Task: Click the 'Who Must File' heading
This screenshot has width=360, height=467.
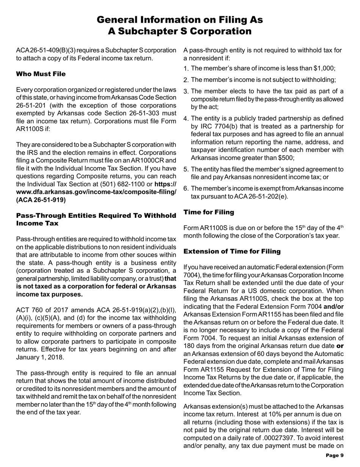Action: [x=41, y=73]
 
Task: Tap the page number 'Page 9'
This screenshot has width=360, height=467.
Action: [x=335, y=456]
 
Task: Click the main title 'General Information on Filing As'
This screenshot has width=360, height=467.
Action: [x=180, y=20]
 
